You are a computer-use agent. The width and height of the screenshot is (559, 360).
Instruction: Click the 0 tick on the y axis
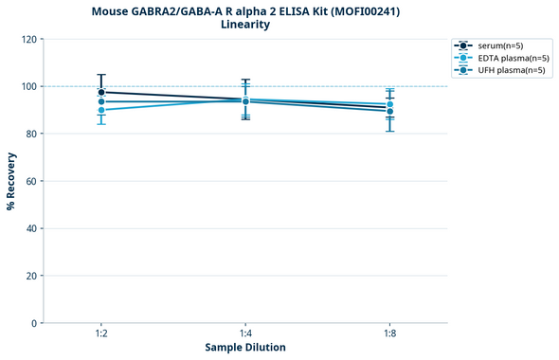click(34, 323)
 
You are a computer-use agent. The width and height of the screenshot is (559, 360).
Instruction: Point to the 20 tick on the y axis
click(31, 276)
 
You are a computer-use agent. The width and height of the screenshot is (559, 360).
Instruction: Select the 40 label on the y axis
click(31, 228)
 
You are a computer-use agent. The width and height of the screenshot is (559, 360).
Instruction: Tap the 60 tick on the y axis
click(31, 181)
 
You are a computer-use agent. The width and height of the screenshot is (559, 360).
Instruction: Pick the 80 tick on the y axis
click(31, 134)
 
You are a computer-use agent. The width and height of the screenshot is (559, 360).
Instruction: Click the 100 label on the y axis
click(28, 86)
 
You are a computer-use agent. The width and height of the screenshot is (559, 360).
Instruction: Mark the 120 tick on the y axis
click(28, 39)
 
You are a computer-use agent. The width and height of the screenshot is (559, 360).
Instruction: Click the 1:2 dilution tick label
click(101, 334)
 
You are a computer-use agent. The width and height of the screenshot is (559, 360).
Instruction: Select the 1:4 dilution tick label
click(245, 334)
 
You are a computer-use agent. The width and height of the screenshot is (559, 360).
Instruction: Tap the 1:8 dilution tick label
click(389, 334)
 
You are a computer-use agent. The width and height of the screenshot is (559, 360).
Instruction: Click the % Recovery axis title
click(11, 181)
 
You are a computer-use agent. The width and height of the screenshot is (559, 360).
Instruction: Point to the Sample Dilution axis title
click(245, 348)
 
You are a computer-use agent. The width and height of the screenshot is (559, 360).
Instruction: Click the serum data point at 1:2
click(101, 92)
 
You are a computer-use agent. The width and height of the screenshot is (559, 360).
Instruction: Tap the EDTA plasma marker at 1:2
click(101, 110)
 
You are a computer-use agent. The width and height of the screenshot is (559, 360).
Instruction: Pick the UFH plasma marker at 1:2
click(101, 101)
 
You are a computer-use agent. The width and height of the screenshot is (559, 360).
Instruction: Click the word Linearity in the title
click(245, 25)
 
